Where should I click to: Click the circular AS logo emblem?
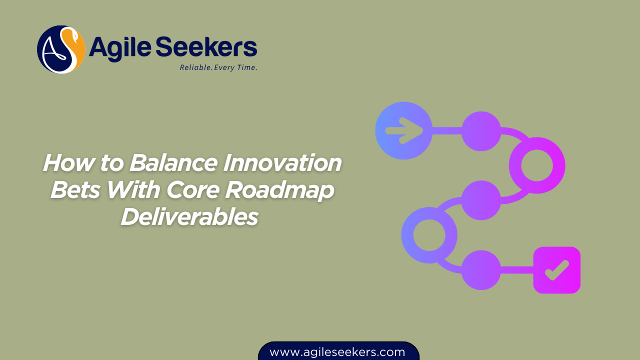tap(60, 49)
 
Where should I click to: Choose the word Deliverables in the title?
tap(189, 217)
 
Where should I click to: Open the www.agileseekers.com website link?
tap(337, 352)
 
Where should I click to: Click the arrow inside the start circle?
tap(404, 131)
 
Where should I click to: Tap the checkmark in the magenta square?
tap(557, 270)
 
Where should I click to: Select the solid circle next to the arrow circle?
tap(481, 131)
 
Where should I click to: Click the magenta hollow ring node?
tap(537, 165)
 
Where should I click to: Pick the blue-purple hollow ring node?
tap(429, 235)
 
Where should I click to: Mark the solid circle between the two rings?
tap(481, 200)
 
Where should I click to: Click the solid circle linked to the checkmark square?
tap(481, 270)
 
